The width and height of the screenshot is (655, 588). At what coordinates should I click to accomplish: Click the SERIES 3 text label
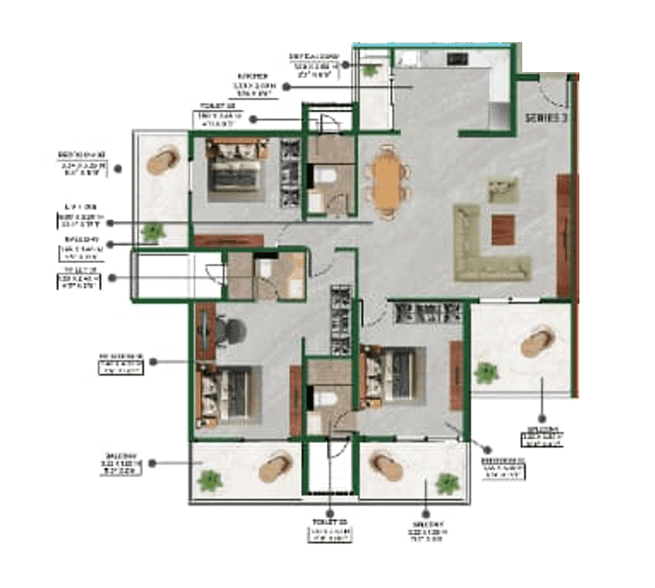pyautogui.click(x=545, y=118)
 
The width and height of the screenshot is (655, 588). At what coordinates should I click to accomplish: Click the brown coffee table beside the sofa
pyautogui.click(x=503, y=229)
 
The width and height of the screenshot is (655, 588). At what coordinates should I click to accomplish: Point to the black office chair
pyautogui.click(x=231, y=330)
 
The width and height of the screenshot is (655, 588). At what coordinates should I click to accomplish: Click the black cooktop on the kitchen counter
pyautogui.click(x=458, y=61)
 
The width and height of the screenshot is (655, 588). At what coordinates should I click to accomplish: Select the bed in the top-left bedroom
pyautogui.click(x=235, y=169)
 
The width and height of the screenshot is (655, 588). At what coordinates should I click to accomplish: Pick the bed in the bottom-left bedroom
pyautogui.click(x=226, y=389)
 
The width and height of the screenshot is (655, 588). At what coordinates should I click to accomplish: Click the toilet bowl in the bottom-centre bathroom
pyautogui.click(x=324, y=396)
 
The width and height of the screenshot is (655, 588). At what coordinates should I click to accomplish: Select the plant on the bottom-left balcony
pyautogui.click(x=210, y=480)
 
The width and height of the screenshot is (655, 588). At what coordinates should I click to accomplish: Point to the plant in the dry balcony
pyautogui.click(x=372, y=69)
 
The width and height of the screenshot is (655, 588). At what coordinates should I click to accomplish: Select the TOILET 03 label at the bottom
pyautogui.click(x=330, y=529)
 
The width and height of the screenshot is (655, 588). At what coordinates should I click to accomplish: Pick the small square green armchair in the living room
pyautogui.click(x=503, y=189)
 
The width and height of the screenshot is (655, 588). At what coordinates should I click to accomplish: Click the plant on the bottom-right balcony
pyautogui.click(x=448, y=483)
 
